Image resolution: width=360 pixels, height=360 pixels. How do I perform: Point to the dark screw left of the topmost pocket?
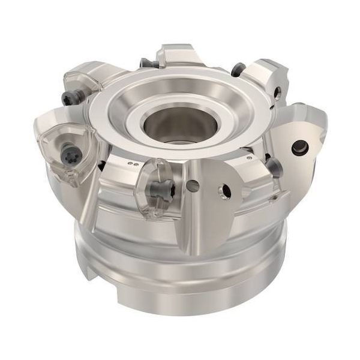(x=146, y=62)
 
